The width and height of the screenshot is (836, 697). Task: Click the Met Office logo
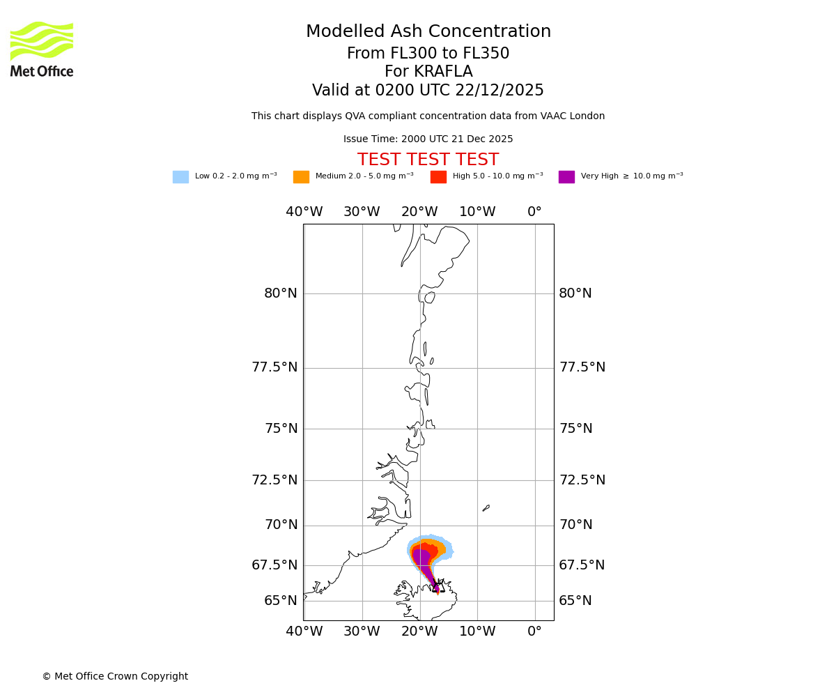(x=42, y=49)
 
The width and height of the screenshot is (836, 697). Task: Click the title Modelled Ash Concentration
(x=428, y=32)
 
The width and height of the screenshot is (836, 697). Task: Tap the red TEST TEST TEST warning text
(x=428, y=160)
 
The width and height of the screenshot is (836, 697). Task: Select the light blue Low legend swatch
(x=180, y=177)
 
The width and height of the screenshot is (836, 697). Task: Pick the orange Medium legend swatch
(x=301, y=177)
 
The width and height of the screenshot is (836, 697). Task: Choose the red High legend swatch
(x=438, y=177)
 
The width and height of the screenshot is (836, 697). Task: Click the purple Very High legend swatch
(x=566, y=177)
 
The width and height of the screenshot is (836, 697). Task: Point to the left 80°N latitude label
(x=281, y=293)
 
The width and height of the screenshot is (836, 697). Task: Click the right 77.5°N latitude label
(x=582, y=367)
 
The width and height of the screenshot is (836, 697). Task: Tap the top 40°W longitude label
(x=304, y=212)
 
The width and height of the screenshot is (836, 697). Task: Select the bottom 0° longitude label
(x=534, y=632)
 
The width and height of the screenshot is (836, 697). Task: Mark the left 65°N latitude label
(x=281, y=601)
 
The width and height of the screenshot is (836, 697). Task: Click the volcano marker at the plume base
(x=437, y=586)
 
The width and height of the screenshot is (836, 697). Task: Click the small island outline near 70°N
(x=486, y=508)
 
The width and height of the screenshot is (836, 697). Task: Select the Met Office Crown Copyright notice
(x=115, y=677)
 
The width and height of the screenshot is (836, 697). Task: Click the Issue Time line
(x=428, y=139)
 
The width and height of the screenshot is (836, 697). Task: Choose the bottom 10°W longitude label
(x=477, y=632)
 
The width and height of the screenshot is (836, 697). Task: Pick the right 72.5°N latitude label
(x=582, y=480)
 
